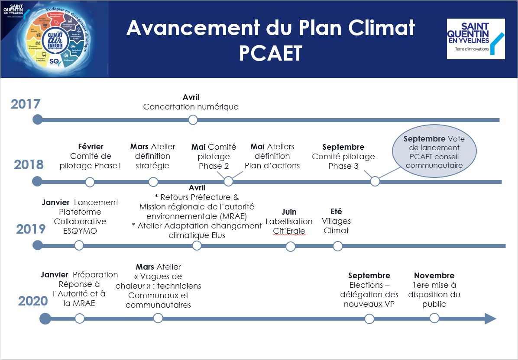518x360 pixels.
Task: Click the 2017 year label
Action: [26, 104]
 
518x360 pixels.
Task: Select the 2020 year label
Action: [33, 301]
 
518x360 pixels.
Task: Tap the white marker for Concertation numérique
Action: [193, 120]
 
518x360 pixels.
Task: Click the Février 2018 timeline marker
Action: [90, 182]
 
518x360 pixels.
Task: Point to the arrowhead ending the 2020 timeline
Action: [490, 319]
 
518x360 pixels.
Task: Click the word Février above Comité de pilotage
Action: [91, 147]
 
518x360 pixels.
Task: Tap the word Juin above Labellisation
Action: [289, 212]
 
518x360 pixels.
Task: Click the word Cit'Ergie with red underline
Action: [289, 231]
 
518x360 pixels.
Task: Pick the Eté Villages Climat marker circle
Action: [337, 246]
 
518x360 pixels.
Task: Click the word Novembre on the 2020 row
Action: [434, 276]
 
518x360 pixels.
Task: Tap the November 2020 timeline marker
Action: [434, 318]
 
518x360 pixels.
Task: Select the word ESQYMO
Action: [80, 231]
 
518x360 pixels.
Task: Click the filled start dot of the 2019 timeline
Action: [38, 245]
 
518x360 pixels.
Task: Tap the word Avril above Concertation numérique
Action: [191, 97]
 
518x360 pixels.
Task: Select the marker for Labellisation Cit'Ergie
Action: [291, 247]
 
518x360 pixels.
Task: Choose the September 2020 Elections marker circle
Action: [369, 319]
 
